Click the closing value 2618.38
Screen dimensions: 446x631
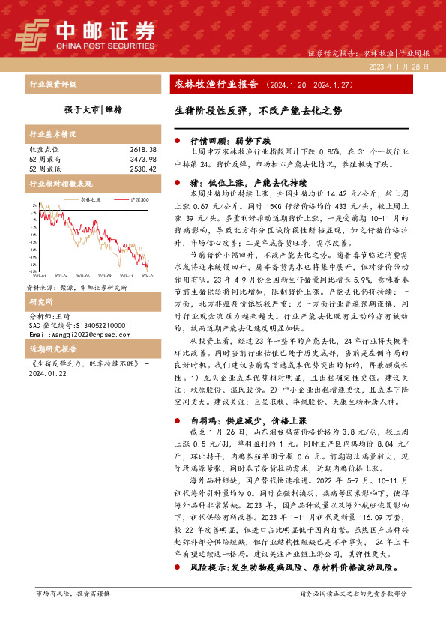[142, 150]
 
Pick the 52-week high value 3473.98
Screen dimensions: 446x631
[142, 160]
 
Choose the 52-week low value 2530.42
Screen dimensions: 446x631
[142, 169]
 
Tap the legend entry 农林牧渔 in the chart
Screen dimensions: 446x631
[91, 199]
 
